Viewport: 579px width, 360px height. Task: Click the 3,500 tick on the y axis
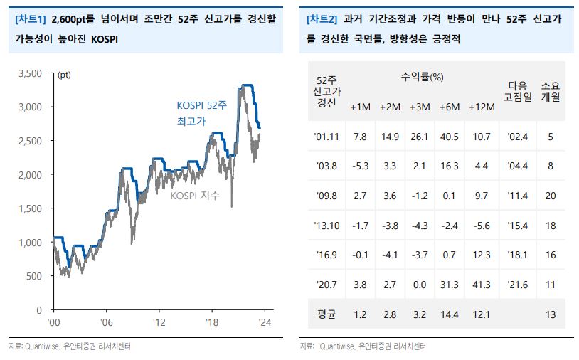(30, 73)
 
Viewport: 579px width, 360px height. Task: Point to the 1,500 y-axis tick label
(30, 208)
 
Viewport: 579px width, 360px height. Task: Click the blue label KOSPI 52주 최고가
(201, 113)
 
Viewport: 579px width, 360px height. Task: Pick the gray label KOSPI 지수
(195, 195)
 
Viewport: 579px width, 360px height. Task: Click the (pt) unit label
(63, 73)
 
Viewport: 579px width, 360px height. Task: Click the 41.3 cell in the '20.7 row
(482, 285)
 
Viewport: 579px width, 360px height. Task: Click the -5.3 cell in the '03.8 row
(360, 166)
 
